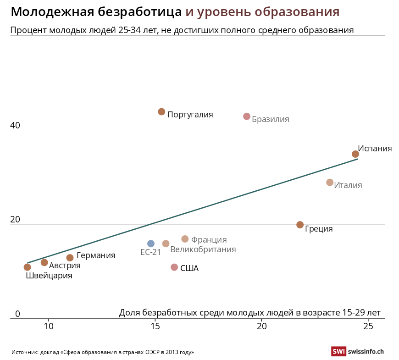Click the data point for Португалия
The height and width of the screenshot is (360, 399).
(161, 112)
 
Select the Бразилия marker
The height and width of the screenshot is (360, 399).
(247, 116)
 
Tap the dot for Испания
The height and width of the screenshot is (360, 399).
(355, 154)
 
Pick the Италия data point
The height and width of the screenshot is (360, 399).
(330, 183)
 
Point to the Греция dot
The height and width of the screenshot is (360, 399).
(300, 225)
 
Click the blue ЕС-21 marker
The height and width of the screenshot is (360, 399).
(151, 244)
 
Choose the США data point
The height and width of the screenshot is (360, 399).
(174, 267)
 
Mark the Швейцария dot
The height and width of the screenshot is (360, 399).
(28, 267)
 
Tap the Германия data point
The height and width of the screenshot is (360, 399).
(70, 258)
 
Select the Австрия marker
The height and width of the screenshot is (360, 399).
(44, 263)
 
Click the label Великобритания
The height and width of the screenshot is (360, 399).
(203, 250)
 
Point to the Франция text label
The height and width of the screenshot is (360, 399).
(209, 240)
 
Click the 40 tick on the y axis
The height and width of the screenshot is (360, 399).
(15, 125)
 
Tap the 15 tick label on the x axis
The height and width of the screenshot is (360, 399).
(155, 326)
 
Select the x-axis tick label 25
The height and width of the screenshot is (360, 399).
(368, 326)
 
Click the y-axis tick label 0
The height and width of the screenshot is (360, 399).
(18, 314)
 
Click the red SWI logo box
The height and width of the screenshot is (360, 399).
(338, 352)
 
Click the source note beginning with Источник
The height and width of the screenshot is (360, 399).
(103, 352)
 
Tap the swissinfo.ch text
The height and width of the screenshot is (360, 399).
(366, 352)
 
